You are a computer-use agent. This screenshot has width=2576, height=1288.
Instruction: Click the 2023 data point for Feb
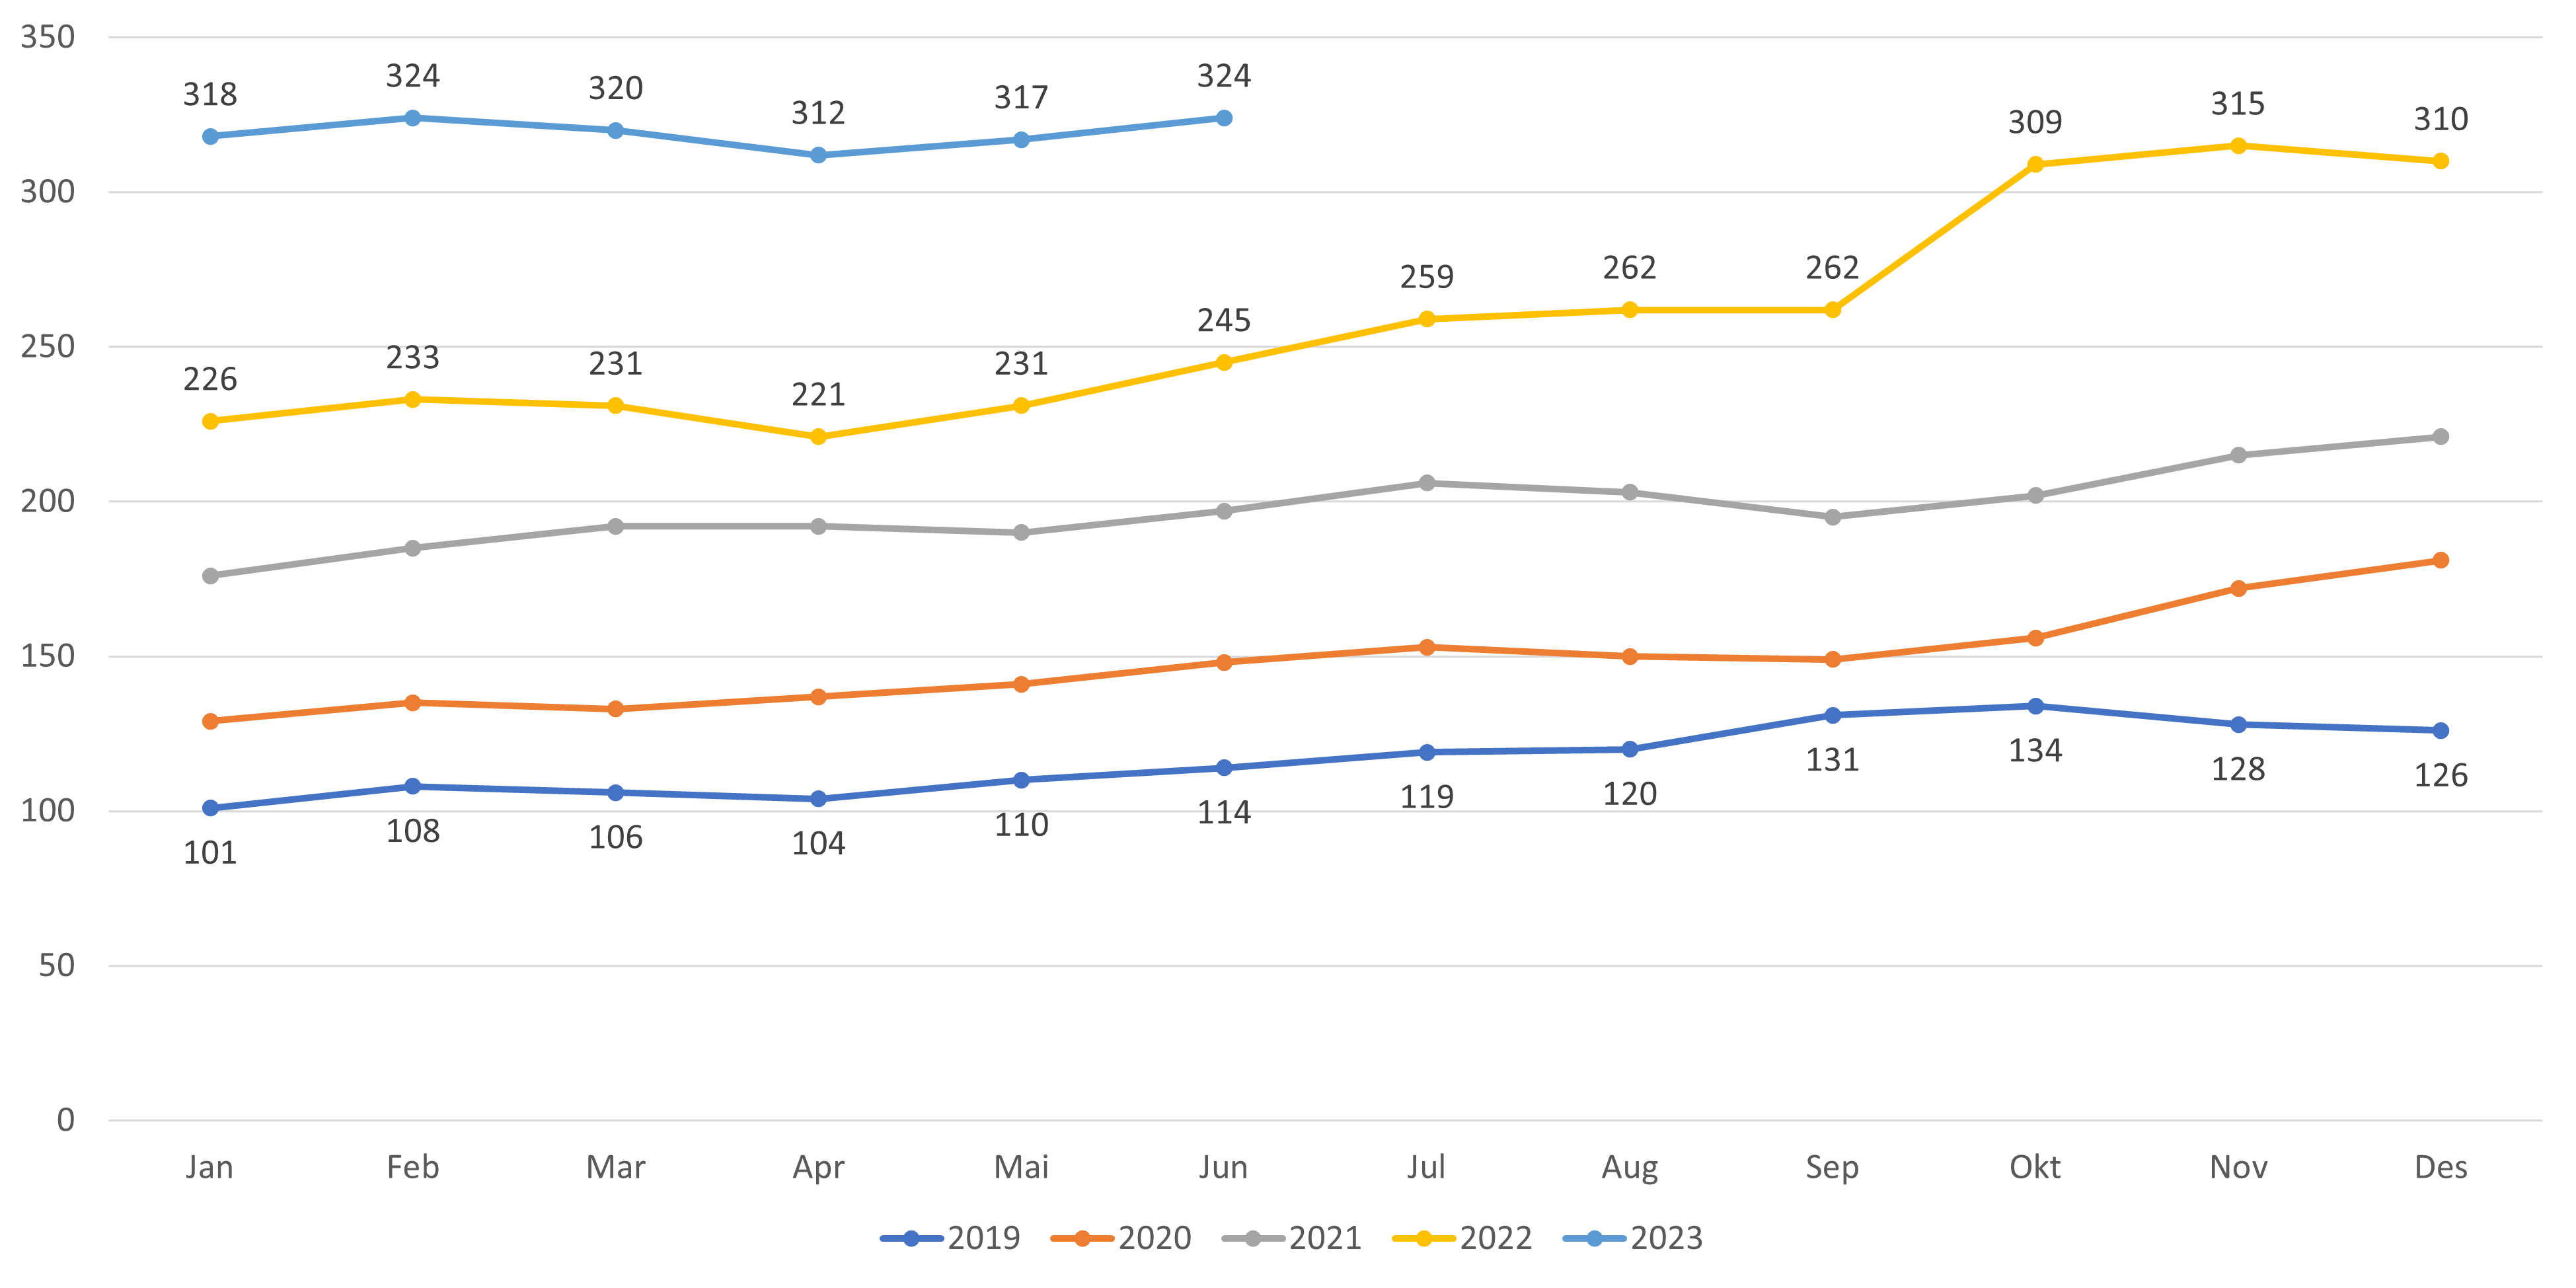point(412,118)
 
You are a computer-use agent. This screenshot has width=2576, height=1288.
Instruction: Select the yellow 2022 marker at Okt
point(2035,164)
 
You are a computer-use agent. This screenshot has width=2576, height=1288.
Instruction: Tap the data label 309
point(2035,122)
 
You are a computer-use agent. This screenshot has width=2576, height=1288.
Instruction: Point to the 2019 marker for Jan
point(210,808)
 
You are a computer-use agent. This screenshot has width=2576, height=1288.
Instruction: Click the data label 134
point(2035,751)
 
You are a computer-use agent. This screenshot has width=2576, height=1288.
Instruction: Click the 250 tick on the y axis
point(48,347)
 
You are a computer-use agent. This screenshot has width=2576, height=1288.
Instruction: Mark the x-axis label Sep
point(1832,1167)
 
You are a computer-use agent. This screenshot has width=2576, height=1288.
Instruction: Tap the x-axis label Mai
point(1021,1167)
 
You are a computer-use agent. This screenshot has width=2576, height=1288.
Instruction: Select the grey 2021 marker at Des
point(2440,437)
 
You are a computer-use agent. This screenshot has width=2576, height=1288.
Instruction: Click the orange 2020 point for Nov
point(2238,589)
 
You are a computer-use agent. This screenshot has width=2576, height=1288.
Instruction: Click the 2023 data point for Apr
point(818,155)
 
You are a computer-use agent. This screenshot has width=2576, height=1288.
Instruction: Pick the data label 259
point(1427,277)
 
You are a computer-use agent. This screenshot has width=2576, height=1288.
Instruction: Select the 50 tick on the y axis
point(57,966)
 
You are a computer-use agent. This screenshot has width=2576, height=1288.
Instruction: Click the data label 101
point(210,853)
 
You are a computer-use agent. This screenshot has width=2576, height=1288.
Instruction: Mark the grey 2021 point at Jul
point(1427,483)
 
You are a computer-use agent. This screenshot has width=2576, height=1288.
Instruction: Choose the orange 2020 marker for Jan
point(210,721)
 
